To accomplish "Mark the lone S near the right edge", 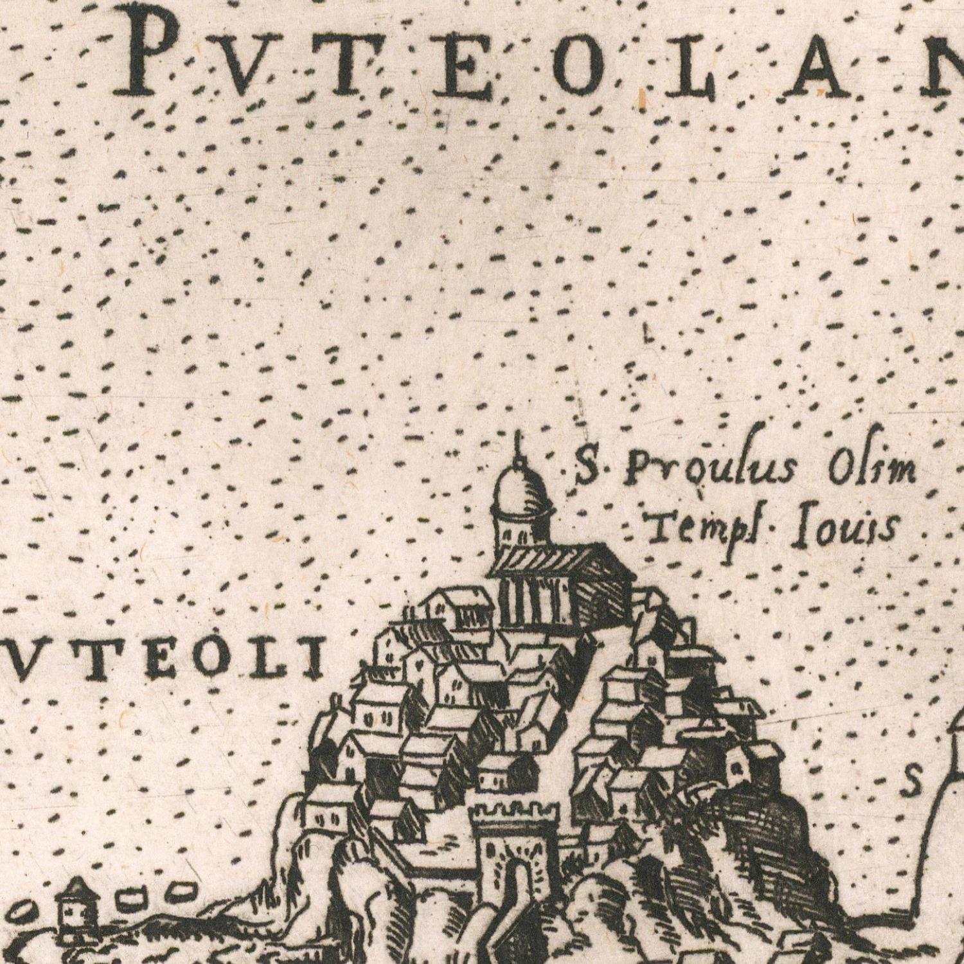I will point(913,781).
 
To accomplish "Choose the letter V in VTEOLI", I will point(34,662).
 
